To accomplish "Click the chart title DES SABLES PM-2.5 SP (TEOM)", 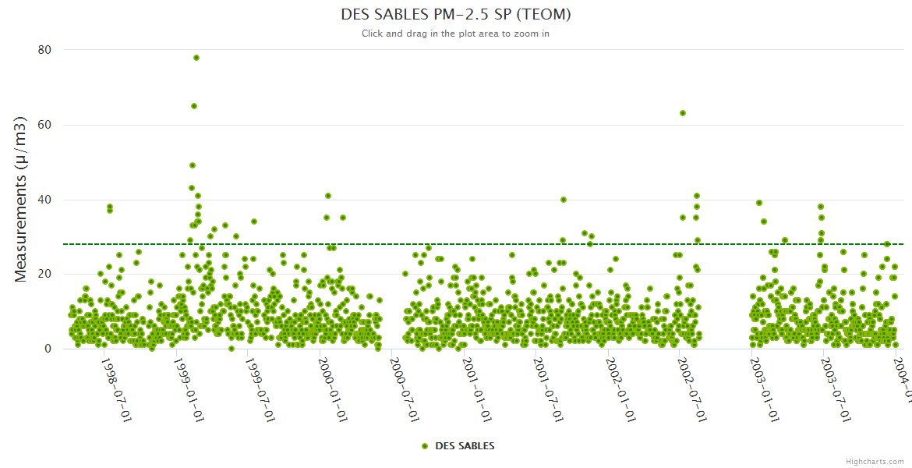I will coord(456,14).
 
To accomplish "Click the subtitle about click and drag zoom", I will coord(456,34).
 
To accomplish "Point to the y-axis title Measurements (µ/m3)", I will coord(21,199).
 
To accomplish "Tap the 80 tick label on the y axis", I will coord(44,50).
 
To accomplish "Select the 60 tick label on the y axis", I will coord(44,125).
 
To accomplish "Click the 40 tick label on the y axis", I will coord(44,200).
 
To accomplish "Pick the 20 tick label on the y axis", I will coord(44,274).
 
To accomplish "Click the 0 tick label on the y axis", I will coord(48,349).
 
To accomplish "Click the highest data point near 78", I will coord(196,58).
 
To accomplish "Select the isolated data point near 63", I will coord(683,113).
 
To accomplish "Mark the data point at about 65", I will coord(194,106).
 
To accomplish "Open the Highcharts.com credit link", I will coord(875,462).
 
